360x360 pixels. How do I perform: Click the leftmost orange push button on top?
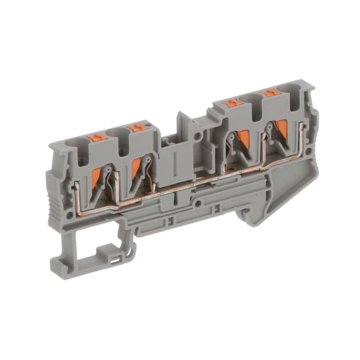[x=96, y=137]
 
